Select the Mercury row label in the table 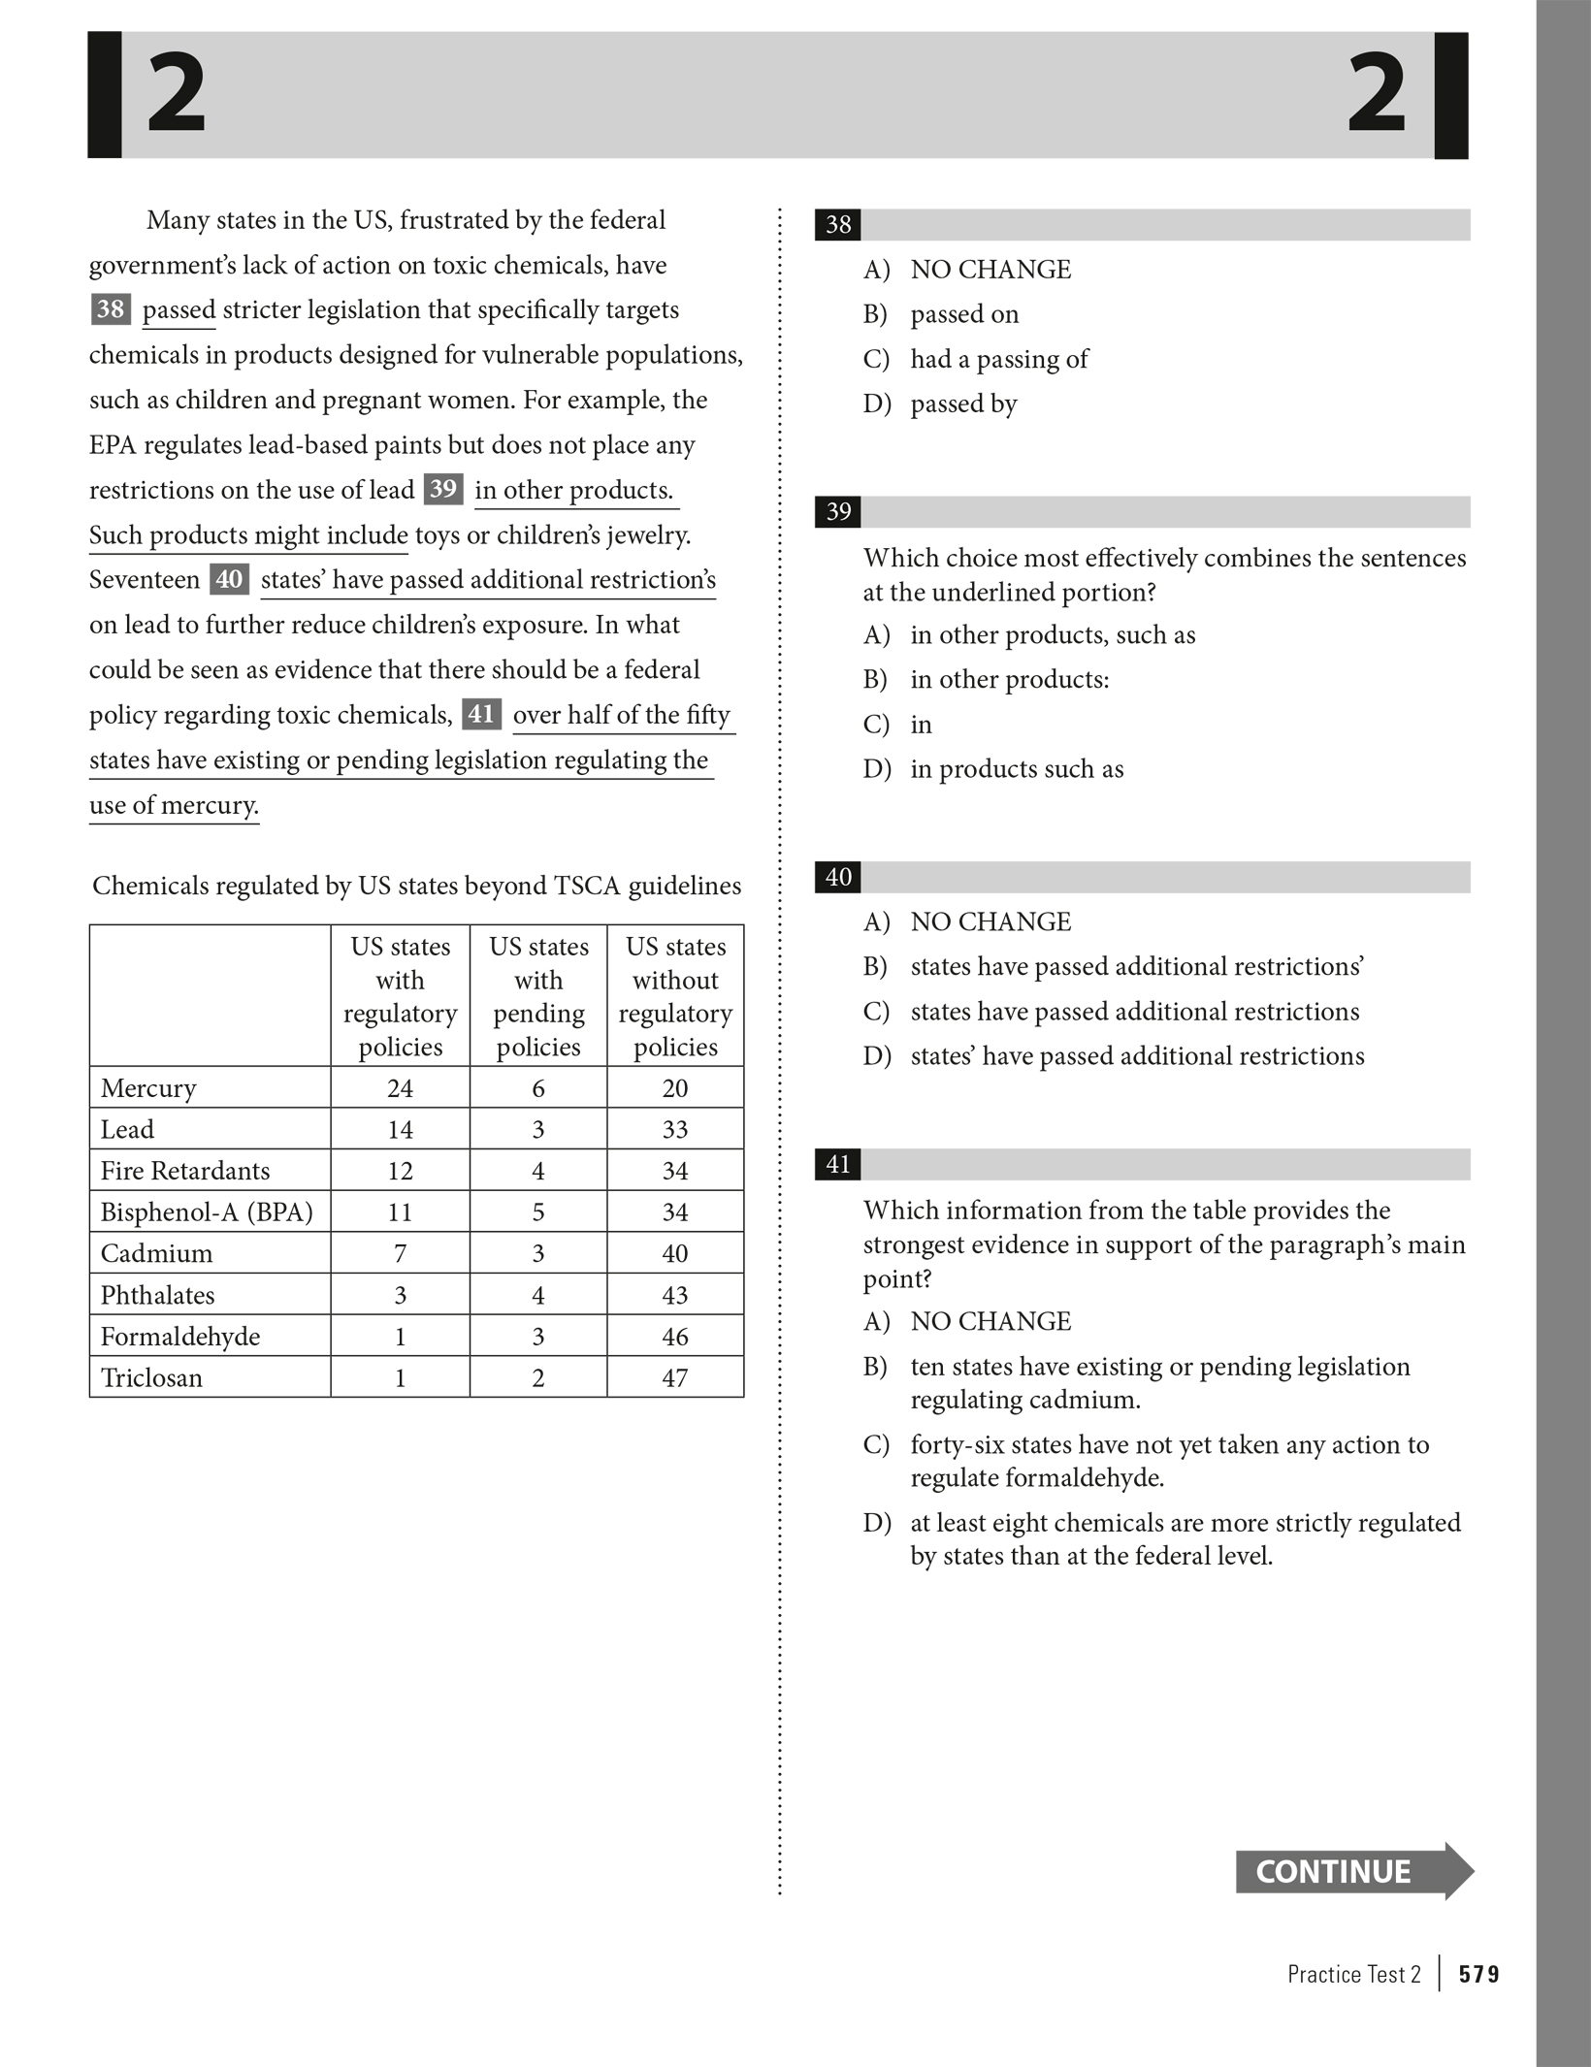tap(148, 1087)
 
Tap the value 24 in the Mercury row tap(400, 1087)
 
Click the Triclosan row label tap(151, 1377)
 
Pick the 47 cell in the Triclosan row tap(675, 1377)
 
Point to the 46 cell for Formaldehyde tap(675, 1337)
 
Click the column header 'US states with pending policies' tap(538, 996)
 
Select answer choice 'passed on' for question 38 tap(964, 314)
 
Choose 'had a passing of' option tap(998, 359)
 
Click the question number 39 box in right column tap(838, 512)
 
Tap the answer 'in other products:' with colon tap(1009, 679)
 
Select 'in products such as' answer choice tap(1017, 769)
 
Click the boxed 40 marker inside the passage tap(229, 579)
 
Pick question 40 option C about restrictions tap(1134, 1011)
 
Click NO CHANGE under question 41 tap(990, 1321)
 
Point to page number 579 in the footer tap(1479, 1974)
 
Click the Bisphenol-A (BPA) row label tap(207, 1211)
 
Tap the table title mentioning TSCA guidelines tap(416, 886)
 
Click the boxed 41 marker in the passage tap(481, 714)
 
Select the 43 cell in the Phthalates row tap(675, 1295)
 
